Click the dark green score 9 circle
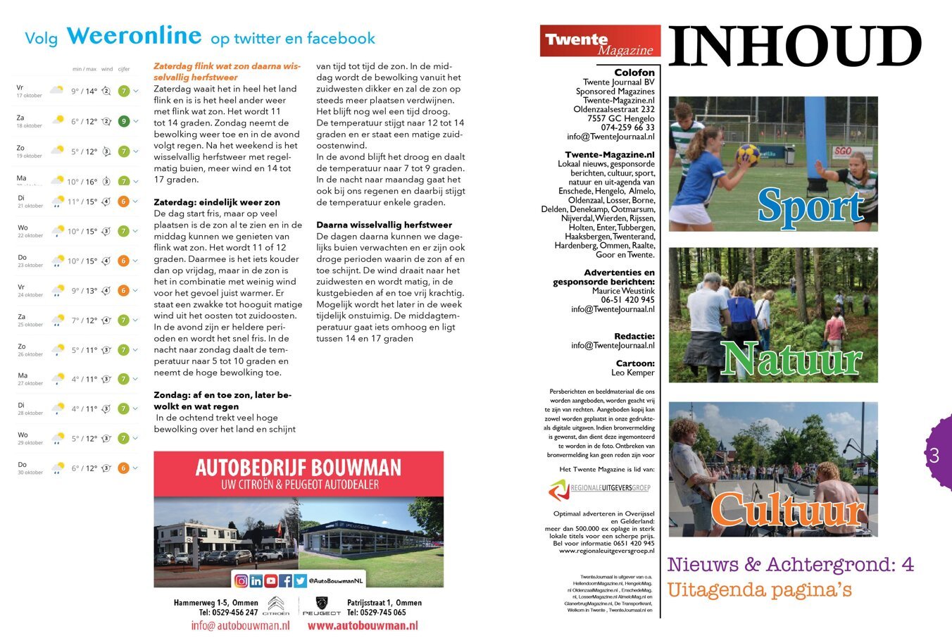[124, 121]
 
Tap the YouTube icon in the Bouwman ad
[270, 581]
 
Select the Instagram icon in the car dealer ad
[241, 581]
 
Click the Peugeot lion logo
[322, 604]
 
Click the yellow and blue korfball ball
[747, 154]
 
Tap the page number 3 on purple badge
[934, 456]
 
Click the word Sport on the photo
[810, 206]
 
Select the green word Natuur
[791, 358]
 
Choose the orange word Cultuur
[787, 509]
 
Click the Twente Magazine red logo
[599, 42]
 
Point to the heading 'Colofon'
[634, 73]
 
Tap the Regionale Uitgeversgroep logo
[599, 488]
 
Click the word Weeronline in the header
[134, 36]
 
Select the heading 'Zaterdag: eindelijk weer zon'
[217, 202]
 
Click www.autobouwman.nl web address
[362, 625]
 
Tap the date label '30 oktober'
[30, 473]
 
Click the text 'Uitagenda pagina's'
[759, 589]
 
